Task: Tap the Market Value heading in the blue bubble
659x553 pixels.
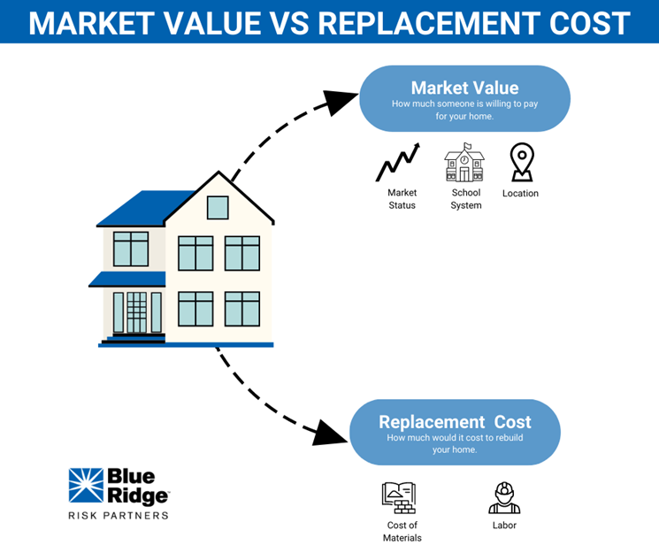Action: [x=464, y=88]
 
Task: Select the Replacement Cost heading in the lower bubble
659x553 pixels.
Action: [x=455, y=422]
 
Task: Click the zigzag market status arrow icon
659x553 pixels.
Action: [x=397, y=164]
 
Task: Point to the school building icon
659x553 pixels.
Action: [x=464, y=163]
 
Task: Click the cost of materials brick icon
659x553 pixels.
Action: [x=399, y=498]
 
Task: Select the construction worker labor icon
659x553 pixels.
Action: [x=504, y=498]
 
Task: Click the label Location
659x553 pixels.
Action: [x=520, y=193]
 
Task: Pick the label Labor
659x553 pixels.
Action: [x=504, y=526]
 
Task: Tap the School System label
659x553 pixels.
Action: [x=466, y=199]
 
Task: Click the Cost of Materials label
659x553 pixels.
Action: [x=402, y=531]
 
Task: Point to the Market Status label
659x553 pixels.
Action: [x=402, y=199]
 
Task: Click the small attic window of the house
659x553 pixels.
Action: [x=218, y=208]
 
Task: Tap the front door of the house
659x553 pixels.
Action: [x=136, y=312]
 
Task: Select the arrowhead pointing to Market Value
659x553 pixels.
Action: [x=341, y=101]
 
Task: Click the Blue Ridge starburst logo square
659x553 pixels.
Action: [x=85, y=486]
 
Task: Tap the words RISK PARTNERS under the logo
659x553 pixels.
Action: [x=119, y=514]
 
